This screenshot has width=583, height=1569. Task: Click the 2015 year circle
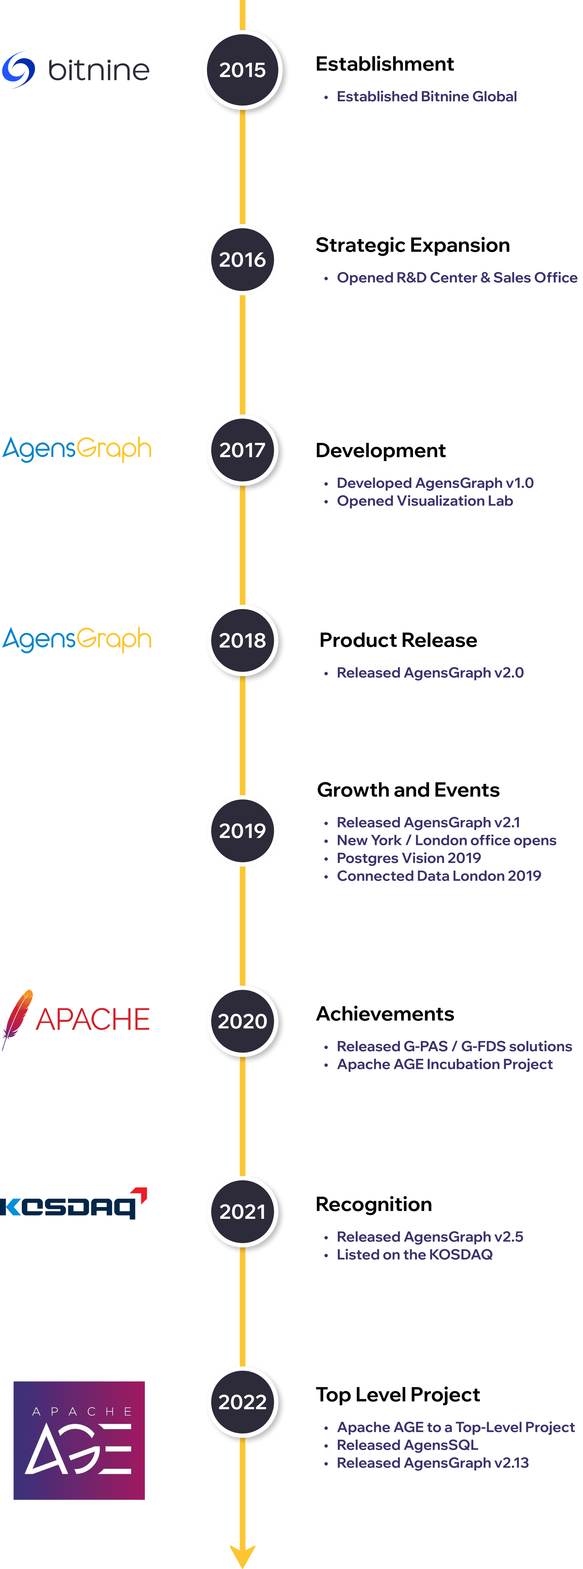(x=243, y=70)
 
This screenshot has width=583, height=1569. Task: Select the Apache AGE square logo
(x=79, y=1440)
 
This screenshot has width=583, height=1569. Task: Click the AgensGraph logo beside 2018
(x=77, y=640)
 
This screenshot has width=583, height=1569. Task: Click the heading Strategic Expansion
(x=412, y=245)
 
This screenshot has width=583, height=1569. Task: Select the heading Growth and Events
(x=408, y=790)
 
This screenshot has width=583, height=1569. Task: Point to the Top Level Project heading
(x=398, y=1395)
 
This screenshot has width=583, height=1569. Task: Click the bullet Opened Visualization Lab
(x=425, y=501)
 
